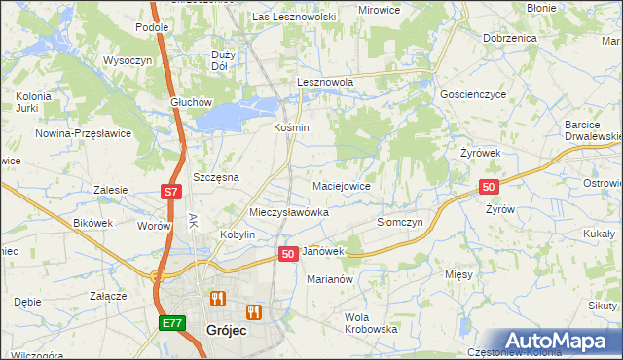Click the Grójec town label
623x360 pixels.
227,330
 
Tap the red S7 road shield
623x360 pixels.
170,192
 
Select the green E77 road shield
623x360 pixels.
170,321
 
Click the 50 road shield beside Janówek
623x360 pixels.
288,253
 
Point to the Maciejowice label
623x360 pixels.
341,185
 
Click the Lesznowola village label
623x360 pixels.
325,83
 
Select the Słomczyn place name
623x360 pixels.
399,222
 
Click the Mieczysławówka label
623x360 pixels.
289,211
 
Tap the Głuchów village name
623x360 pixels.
190,103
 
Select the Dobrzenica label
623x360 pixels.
509,37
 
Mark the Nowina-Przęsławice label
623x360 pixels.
83,133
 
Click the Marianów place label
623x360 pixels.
328,278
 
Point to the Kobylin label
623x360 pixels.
238,235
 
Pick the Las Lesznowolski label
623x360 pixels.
294,17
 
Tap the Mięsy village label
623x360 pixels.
458,274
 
